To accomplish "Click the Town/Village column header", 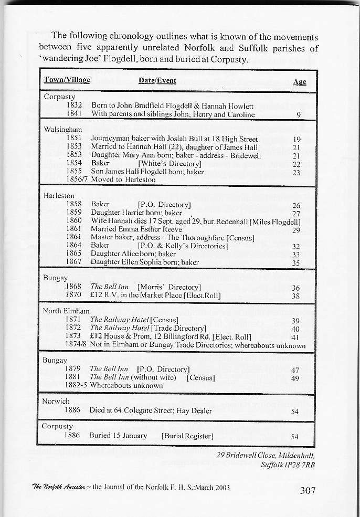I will tap(67, 80).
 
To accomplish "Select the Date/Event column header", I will tap(157, 80).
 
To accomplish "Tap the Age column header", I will tap(300, 82).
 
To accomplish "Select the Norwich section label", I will tap(56, 402).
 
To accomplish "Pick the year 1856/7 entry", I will tap(76, 179).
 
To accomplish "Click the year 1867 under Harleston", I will tap(74, 262).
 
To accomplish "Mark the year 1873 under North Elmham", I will tap(73, 336).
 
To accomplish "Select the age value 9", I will tap(298, 114).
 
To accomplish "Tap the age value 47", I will tap(295, 370).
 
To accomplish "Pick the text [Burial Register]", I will tap(187, 436).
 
